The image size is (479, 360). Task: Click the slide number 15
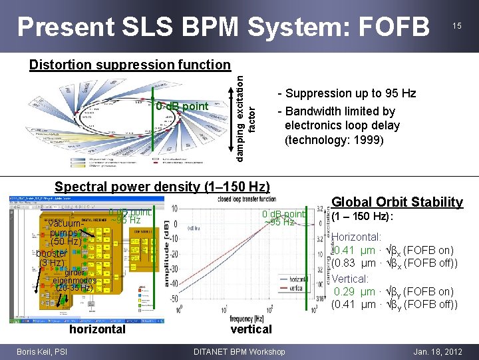tap(456, 25)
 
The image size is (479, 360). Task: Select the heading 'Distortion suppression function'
tap(129, 65)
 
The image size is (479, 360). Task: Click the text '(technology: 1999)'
tap(334, 139)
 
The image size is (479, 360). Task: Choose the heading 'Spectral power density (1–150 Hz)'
tap(162, 187)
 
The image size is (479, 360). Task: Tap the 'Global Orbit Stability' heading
tap(397, 202)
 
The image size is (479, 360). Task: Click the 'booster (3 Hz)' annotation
tap(51, 258)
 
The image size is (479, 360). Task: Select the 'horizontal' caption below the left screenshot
tap(97, 329)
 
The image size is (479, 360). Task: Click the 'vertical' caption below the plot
tap(251, 329)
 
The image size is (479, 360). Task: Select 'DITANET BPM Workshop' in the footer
tap(239, 351)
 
